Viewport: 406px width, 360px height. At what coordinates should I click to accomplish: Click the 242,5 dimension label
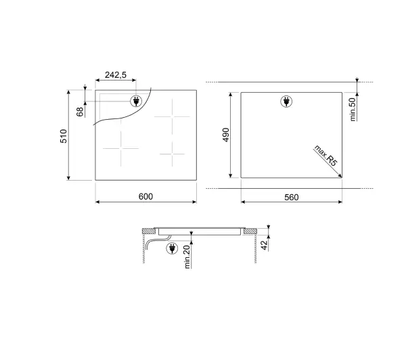[x=116, y=75]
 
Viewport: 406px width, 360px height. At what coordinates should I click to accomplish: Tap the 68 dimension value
[x=81, y=112]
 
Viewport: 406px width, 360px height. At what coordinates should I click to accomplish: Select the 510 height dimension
[x=64, y=136]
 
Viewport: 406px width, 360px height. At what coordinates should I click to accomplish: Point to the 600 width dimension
[x=145, y=196]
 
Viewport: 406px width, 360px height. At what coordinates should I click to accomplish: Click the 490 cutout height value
[x=226, y=135]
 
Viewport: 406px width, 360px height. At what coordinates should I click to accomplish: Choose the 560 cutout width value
[x=291, y=198]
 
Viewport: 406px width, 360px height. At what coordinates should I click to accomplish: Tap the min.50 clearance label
[x=353, y=110]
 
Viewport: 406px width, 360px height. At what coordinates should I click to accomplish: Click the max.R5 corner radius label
[x=326, y=156]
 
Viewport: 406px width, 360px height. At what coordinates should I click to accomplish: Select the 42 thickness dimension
[x=264, y=245]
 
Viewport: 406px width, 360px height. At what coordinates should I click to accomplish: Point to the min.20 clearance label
[x=187, y=256]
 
